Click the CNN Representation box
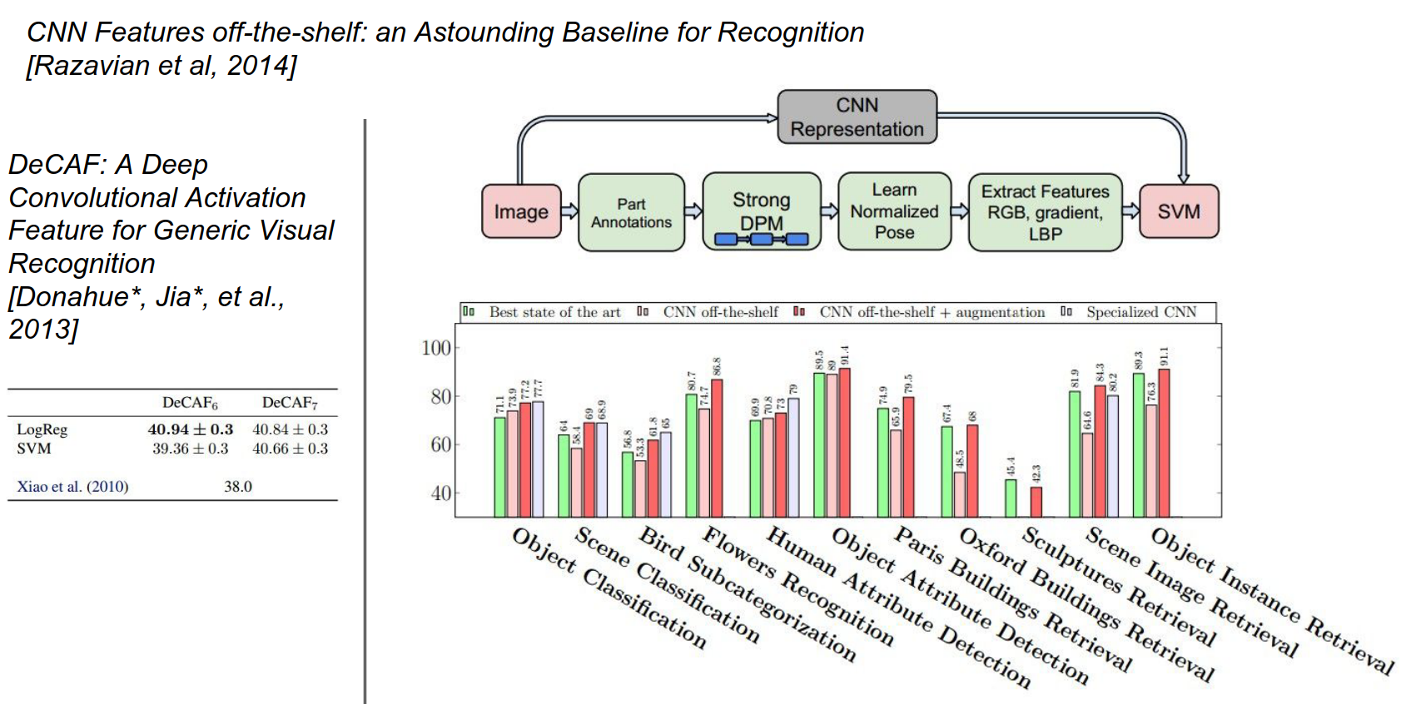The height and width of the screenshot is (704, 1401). pos(857,117)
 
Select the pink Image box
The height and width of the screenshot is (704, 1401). pos(521,211)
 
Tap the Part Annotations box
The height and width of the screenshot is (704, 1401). pos(631,212)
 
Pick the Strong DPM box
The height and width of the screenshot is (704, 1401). pos(761,211)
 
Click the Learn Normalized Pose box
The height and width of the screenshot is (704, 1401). pos(894,211)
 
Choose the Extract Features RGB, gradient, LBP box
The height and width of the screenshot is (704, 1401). pos(1045,212)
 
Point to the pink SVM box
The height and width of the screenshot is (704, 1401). pos(1178,211)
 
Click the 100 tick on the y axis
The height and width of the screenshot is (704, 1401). pos(435,348)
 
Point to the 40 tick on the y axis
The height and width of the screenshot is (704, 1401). pos(440,493)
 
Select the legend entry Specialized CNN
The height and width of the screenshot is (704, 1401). pos(1140,312)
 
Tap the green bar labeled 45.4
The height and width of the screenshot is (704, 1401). pos(1011,498)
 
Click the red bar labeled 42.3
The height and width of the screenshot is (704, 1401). pos(1036,502)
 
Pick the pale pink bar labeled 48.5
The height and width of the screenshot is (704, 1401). pos(960,494)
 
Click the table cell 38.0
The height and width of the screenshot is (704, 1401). pos(237,487)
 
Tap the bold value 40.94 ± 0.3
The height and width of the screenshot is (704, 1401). pos(190,429)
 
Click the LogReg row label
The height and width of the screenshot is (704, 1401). pos(42,429)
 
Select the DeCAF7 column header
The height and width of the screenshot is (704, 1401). pos(289,403)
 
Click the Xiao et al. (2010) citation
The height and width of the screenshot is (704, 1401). pos(72,487)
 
